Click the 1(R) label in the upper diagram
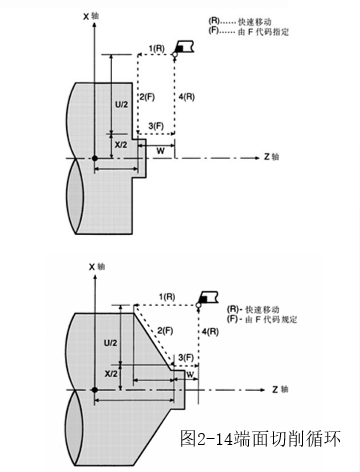pyautogui.click(x=156, y=49)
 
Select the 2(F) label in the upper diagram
pyautogui.click(x=147, y=97)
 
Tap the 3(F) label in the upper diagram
pyautogui.click(x=156, y=126)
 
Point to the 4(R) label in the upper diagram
pyautogui.click(x=187, y=97)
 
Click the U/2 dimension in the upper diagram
pyautogui.click(x=121, y=104)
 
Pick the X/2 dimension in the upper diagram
pyautogui.click(x=121, y=145)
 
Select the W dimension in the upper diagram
pyautogui.click(x=161, y=151)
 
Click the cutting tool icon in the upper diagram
pyautogui.click(x=183, y=47)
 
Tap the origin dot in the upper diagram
pyautogui.click(x=95, y=158)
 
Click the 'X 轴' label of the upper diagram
pyautogui.click(x=91, y=16)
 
